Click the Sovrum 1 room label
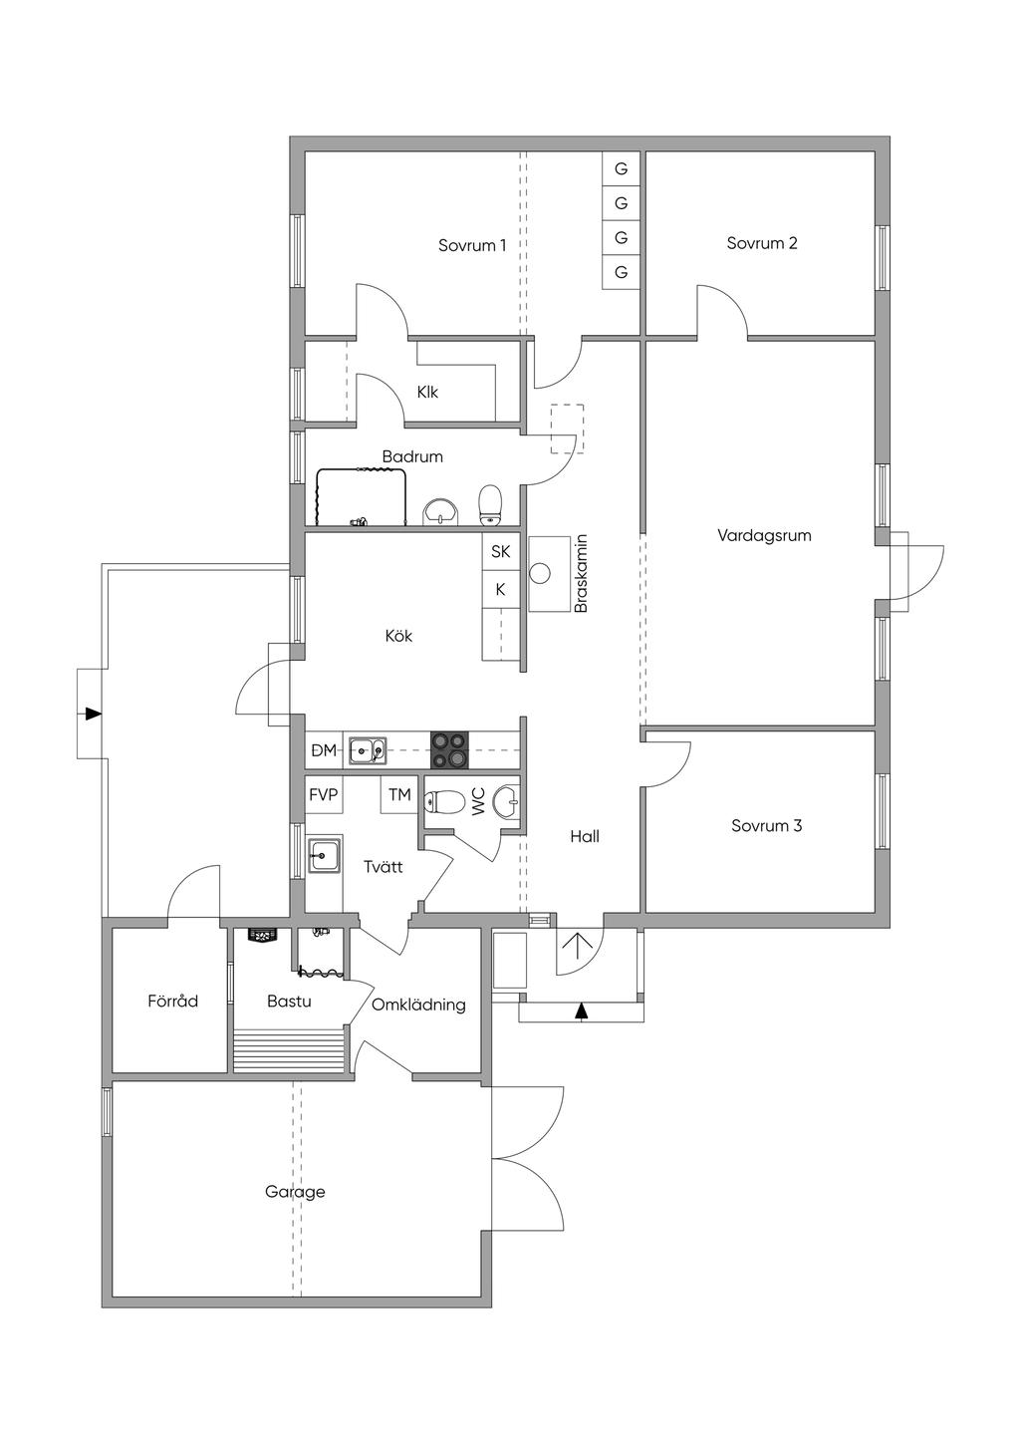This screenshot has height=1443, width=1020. click(x=471, y=245)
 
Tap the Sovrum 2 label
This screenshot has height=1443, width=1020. click(x=762, y=243)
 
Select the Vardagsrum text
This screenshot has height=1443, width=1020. click(x=764, y=535)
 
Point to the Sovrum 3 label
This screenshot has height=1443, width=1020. click(x=766, y=825)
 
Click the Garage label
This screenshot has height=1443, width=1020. click(x=295, y=1192)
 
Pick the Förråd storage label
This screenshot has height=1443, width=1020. click(x=172, y=1002)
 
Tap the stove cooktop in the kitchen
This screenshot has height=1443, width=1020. click(x=449, y=749)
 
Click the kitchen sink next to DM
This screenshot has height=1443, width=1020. click(x=368, y=750)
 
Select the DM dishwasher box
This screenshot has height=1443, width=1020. click(x=324, y=749)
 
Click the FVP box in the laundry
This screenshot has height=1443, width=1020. click(x=324, y=795)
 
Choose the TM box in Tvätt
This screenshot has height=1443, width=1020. click(x=399, y=795)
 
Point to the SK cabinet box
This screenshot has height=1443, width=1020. click(x=500, y=551)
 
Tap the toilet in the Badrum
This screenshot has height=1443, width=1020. click(x=491, y=505)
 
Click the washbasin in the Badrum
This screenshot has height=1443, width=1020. click(x=440, y=512)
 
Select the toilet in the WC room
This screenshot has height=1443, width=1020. click(x=445, y=802)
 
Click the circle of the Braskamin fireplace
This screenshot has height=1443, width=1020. click(x=540, y=573)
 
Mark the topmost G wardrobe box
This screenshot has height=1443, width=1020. click(x=621, y=168)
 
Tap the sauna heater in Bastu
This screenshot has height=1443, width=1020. click(x=263, y=935)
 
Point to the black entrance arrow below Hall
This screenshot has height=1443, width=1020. click(x=582, y=1011)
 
